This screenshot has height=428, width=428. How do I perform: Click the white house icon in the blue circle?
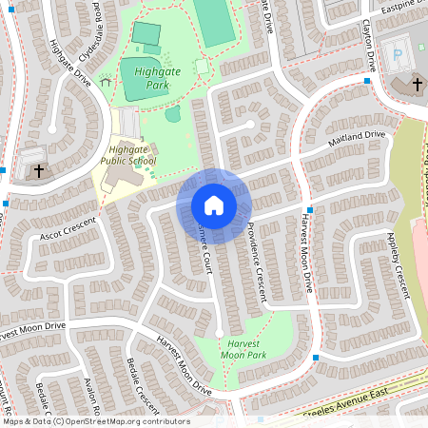point(214,205)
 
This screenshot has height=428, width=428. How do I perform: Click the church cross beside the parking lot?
point(417,86)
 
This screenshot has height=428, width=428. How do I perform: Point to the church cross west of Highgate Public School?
point(39,171)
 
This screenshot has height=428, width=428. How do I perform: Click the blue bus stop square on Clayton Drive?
point(367,81)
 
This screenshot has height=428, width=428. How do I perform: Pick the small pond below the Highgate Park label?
point(172,115)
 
